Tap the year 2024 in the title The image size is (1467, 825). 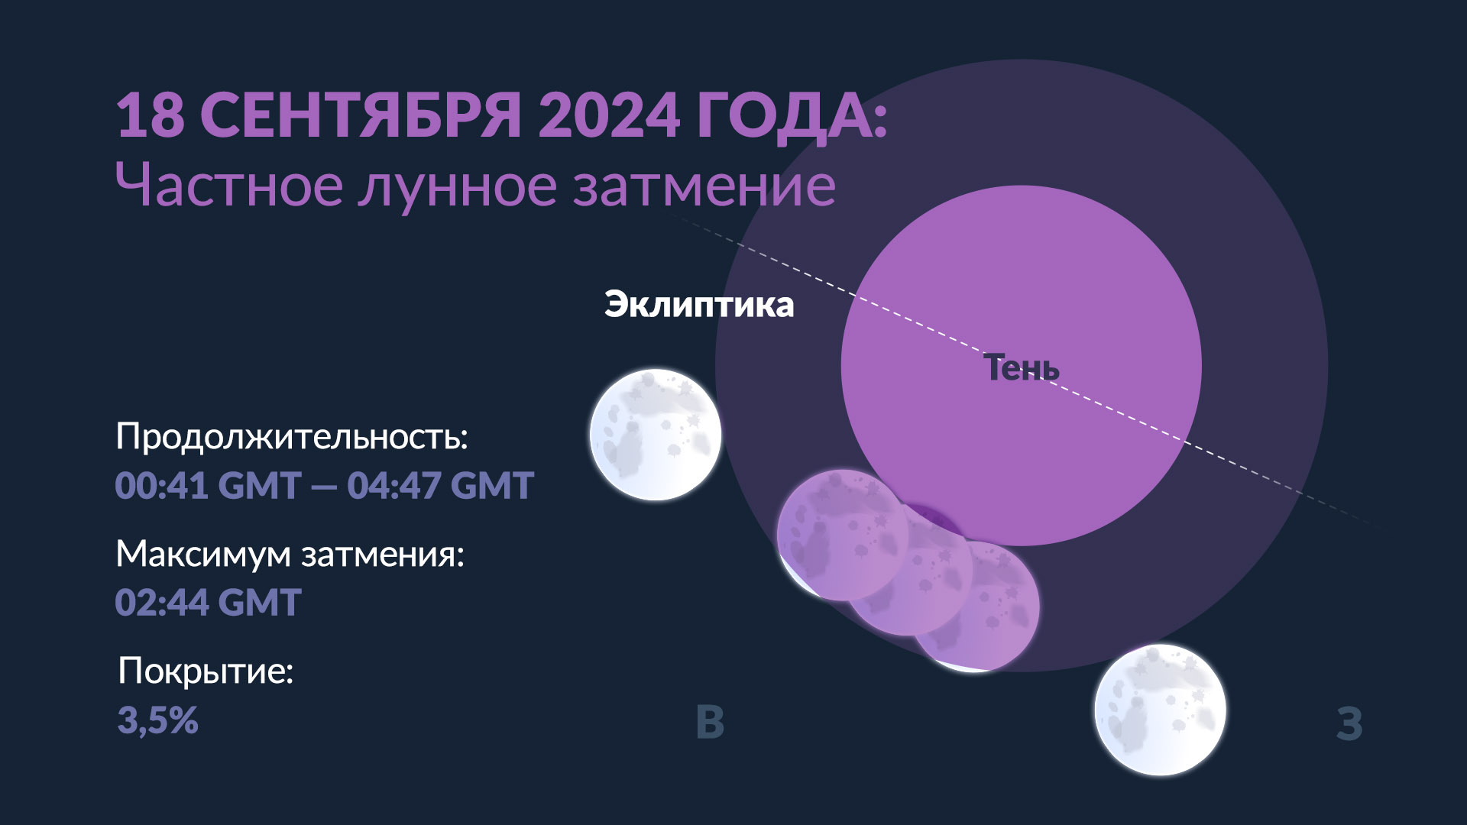pos(609,115)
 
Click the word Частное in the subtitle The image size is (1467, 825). pos(229,186)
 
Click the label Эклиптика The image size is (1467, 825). pos(699,305)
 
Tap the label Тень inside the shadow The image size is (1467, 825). pos(1022,367)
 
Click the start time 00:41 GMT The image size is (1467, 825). pos(208,486)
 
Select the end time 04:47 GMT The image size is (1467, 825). pos(440,486)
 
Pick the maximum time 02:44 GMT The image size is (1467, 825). pos(209,602)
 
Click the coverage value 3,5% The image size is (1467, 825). pos(158,720)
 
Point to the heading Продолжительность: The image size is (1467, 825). pos(292,437)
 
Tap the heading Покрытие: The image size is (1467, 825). pos(206,671)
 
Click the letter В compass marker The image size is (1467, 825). pos(711,722)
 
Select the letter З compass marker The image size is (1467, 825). pos(1349,723)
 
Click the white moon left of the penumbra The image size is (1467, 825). pos(656,435)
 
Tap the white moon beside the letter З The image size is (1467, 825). pos(1160,710)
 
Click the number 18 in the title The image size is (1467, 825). pos(151,115)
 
